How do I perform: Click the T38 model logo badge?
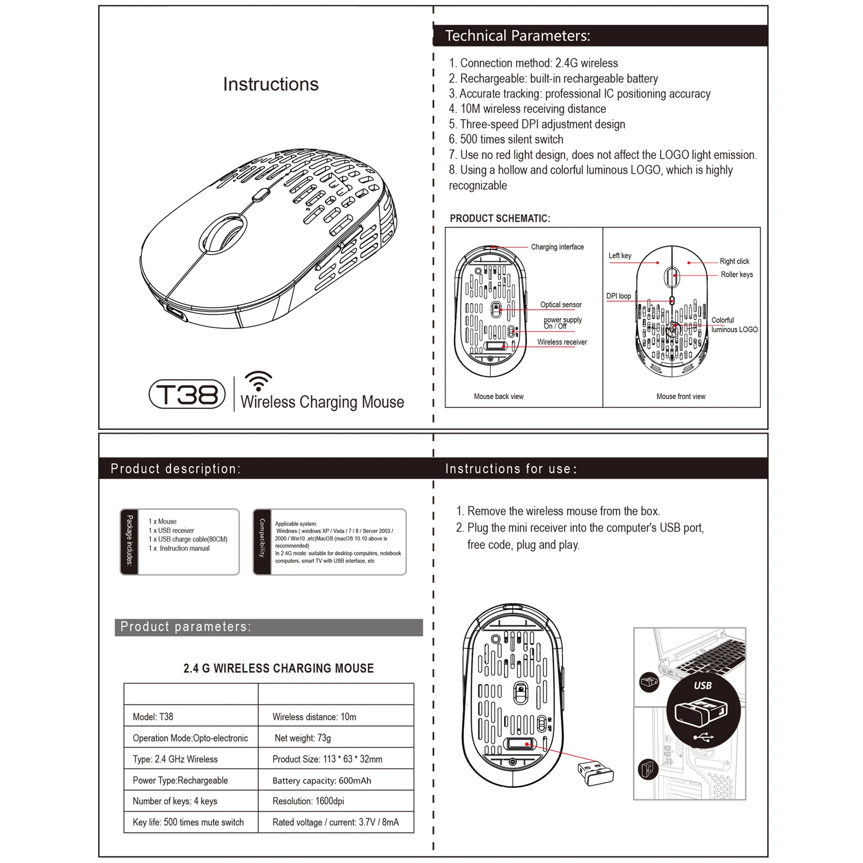pos(187,394)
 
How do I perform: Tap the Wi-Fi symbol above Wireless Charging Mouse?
pos(258,381)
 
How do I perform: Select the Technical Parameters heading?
pos(517,36)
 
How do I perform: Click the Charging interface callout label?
pos(557,247)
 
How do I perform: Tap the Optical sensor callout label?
pos(561,305)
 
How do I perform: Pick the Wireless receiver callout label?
pos(562,342)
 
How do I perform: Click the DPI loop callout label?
pos(618,296)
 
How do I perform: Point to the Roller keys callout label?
pos(737,275)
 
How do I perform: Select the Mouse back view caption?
pos(498,396)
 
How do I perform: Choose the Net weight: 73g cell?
pos(303,738)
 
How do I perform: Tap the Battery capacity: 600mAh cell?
pos(321,780)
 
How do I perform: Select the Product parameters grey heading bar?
pos(269,627)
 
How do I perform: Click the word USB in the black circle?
pos(702,686)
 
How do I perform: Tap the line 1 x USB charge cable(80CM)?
pos(188,539)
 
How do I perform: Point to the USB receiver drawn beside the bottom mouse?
pos(595,773)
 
